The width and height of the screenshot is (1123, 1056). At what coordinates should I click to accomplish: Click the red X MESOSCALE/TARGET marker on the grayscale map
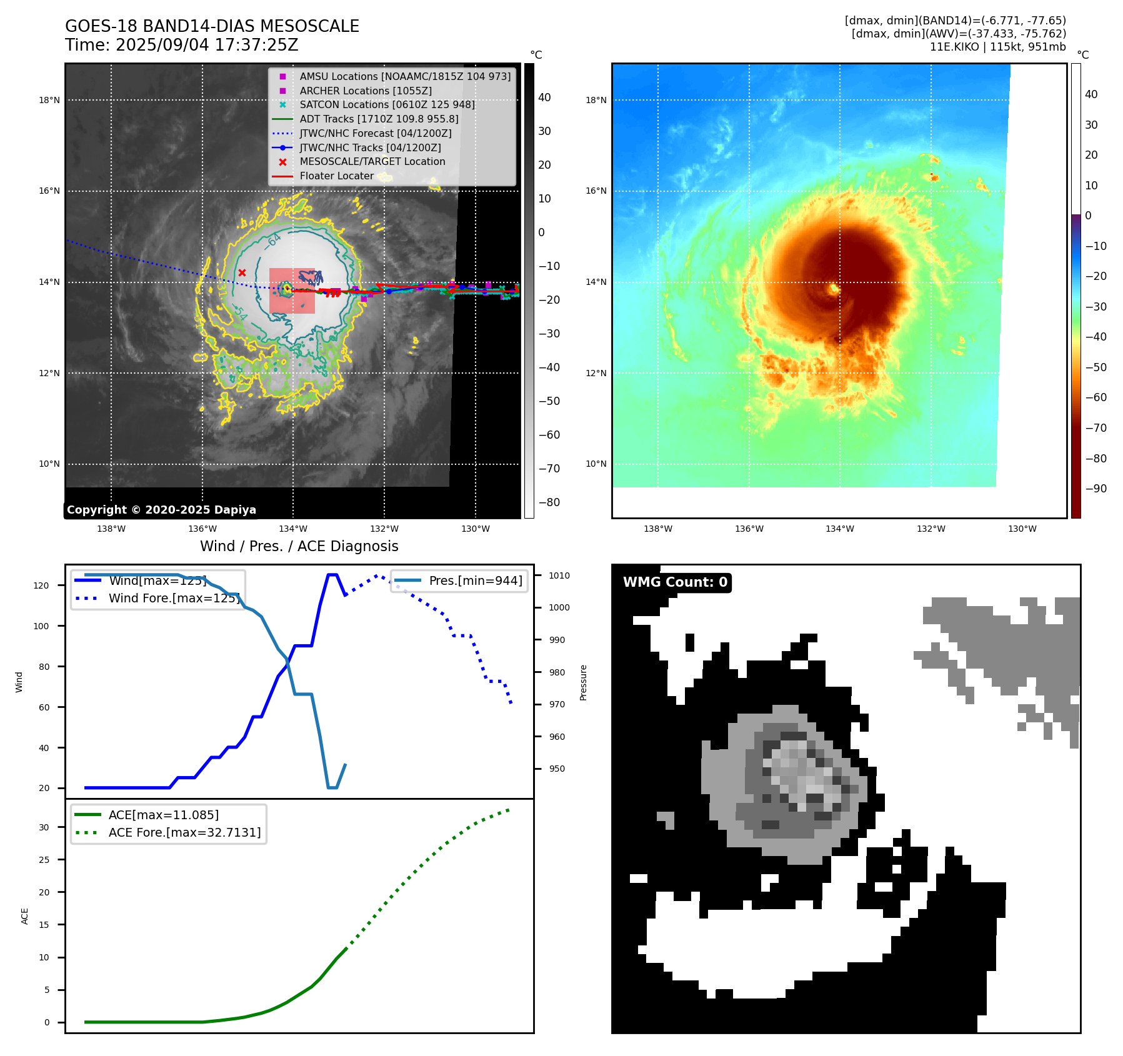click(242, 272)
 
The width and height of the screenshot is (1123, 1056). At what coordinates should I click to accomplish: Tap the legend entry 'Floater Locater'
click(336, 176)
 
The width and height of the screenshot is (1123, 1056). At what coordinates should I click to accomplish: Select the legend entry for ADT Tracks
click(379, 119)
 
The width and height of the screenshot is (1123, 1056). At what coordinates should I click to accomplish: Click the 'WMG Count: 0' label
click(675, 582)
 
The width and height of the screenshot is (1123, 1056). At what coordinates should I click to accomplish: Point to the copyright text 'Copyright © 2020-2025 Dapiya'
click(161, 510)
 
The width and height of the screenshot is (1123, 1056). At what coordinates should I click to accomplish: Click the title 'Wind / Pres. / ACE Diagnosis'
click(299, 546)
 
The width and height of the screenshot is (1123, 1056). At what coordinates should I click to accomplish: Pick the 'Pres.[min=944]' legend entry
click(475, 580)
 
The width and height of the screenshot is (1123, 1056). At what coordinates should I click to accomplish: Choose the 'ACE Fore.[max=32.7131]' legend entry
click(184, 832)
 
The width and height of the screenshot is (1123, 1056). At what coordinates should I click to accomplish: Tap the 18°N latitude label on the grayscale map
click(49, 100)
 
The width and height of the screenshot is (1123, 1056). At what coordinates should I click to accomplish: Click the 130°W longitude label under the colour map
click(1022, 529)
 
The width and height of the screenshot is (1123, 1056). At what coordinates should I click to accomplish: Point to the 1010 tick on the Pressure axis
click(559, 575)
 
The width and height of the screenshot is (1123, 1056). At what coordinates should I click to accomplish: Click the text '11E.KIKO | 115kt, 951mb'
click(997, 47)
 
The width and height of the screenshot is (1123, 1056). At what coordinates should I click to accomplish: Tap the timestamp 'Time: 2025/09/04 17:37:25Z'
click(182, 45)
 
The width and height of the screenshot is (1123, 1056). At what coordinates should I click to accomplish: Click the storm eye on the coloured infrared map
click(834, 289)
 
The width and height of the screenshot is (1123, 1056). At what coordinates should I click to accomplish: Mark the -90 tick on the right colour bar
click(1096, 489)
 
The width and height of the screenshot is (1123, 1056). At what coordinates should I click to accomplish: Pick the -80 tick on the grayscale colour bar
click(549, 502)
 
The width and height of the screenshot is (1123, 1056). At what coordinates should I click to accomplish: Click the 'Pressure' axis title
click(583, 682)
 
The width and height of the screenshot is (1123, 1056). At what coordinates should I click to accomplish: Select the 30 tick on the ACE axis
click(44, 827)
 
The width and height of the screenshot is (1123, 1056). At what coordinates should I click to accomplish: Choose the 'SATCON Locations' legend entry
click(387, 104)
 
